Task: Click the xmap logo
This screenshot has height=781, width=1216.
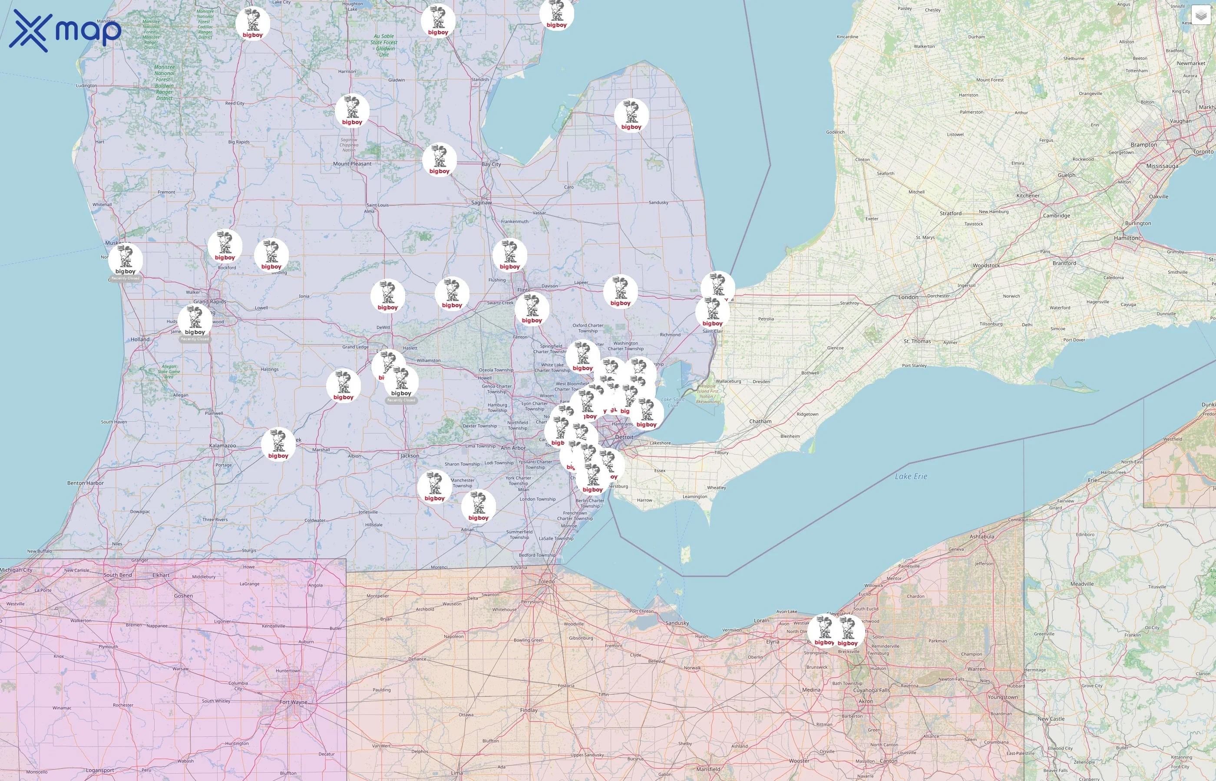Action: click(x=65, y=31)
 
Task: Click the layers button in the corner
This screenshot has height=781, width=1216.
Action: click(x=1201, y=15)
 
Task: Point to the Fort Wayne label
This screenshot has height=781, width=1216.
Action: click(x=293, y=702)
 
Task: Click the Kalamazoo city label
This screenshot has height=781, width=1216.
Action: click(x=222, y=446)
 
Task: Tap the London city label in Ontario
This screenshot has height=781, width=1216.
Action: click(x=908, y=297)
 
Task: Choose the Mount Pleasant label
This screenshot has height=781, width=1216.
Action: click(x=352, y=164)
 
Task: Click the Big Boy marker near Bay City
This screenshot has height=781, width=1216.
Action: click(x=439, y=160)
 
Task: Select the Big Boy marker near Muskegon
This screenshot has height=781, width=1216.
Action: click(x=126, y=259)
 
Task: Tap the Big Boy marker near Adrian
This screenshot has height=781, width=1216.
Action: click(x=478, y=506)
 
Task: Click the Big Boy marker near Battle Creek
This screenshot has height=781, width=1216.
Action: click(x=278, y=444)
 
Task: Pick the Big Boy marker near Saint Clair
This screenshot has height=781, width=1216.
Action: click(x=712, y=312)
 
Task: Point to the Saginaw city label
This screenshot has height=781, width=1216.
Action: click(x=481, y=203)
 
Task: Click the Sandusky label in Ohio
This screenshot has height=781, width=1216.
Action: click(x=677, y=623)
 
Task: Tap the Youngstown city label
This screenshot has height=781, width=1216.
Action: click(x=1002, y=697)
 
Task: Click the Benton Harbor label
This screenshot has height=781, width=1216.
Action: click(x=85, y=483)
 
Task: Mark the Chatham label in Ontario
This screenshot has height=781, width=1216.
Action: click(x=760, y=421)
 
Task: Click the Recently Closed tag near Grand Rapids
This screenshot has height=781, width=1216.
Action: click(x=195, y=339)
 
